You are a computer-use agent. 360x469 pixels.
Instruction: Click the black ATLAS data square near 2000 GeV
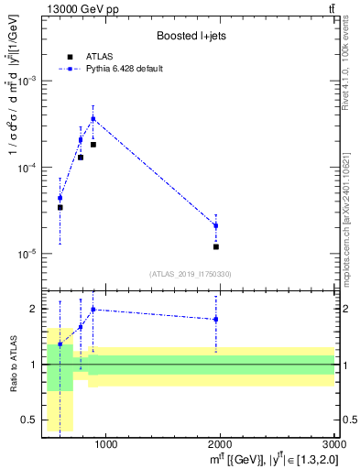click(x=216, y=246)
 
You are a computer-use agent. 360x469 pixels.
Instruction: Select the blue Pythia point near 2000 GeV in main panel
click(x=216, y=225)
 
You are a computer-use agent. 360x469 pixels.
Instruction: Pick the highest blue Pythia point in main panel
click(x=93, y=118)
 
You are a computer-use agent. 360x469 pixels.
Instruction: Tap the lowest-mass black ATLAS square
click(x=60, y=207)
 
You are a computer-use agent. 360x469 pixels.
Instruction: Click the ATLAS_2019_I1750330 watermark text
click(x=191, y=274)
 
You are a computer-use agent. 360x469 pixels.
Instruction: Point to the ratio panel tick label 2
click(x=34, y=309)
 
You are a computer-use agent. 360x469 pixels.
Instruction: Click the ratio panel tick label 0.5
click(x=30, y=420)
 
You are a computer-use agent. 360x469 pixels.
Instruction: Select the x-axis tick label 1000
click(x=105, y=446)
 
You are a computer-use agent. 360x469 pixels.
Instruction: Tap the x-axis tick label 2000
click(x=220, y=446)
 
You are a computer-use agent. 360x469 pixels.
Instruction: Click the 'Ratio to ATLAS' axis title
click(x=12, y=364)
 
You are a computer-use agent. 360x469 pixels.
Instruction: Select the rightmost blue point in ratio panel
click(x=216, y=319)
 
